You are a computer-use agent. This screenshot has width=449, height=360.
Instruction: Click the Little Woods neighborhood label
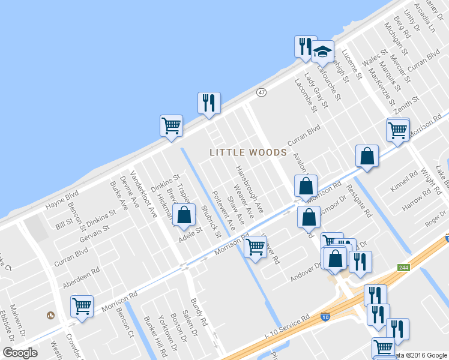(248, 152)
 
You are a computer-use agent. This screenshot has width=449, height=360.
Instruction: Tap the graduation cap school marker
(322, 52)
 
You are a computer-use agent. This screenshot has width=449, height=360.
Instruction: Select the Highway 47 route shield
(261, 92)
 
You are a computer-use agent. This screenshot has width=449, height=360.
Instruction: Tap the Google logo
(20, 353)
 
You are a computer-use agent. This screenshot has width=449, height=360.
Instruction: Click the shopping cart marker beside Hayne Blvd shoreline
(171, 127)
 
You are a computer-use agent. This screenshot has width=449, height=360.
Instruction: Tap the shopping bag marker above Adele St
(184, 215)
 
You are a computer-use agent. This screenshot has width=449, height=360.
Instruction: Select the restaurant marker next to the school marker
(304, 46)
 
